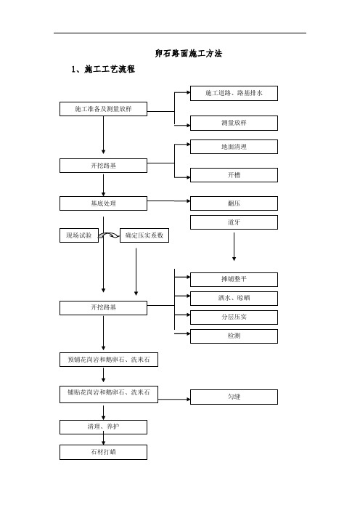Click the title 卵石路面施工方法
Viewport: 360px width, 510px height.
click(189, 53)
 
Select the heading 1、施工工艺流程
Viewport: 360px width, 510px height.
click(103, 69)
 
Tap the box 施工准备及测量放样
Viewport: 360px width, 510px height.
click(103, 109)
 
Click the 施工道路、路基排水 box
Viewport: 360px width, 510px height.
click(234, 93)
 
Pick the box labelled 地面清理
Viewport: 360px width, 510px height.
click(234, 147)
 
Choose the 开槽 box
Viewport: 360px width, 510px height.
click(234, 175)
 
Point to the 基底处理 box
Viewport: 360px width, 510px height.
click(103, 203)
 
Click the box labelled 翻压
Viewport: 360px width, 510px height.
click(234, 203)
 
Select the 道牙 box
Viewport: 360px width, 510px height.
click(234, 222)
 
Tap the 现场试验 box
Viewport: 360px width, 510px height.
click(79, 235)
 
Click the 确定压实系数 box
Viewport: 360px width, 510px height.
click(144, 235)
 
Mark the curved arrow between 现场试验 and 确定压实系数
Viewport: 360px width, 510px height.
click(109, 235)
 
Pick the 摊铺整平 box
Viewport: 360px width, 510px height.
click(234, 280)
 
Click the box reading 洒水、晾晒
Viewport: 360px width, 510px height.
click(234, 299)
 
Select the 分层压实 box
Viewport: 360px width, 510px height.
click(234, 317)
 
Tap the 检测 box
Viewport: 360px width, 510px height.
click(234, 336)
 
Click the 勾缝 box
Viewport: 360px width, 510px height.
click(234, 397)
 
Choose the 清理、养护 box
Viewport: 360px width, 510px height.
click(103, 426)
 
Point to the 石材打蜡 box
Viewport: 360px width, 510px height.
click(103, 452)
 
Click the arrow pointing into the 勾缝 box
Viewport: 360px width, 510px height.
click(174, 399)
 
